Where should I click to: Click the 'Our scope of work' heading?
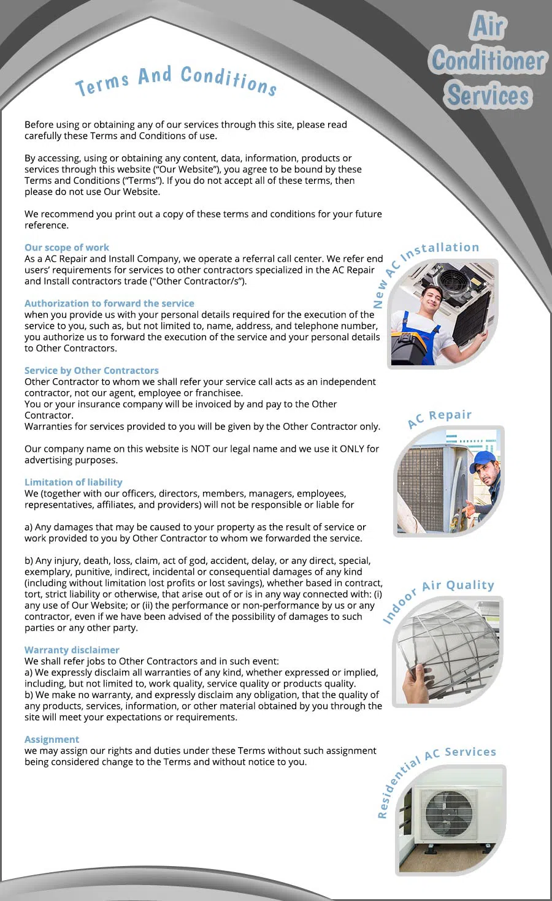[67, 248]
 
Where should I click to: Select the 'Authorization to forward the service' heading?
[109, 303]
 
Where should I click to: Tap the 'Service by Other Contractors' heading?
[91, 370]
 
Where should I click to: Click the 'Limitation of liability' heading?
[74, 482]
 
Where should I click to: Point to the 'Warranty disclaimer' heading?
[72, 650]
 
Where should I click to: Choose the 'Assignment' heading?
[52, 739]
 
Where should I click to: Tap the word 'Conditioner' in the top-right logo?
[488, 61]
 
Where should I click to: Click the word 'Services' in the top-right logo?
[488, 96]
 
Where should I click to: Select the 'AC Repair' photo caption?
[440, 417]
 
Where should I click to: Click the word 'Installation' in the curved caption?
[440, 249]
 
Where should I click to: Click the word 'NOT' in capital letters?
[200, 449]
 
